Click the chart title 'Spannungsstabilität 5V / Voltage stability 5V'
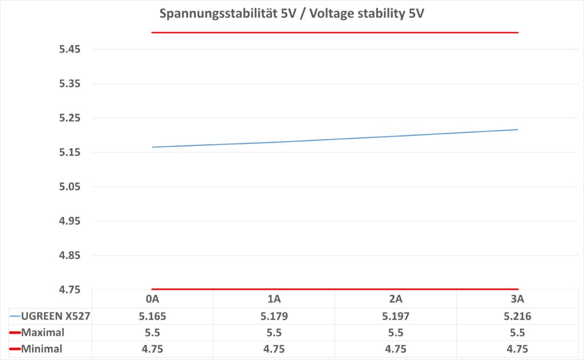[291, 13]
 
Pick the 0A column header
[152, 299]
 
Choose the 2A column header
[396, 299]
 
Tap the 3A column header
[517, 299]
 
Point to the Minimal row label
[41, 349]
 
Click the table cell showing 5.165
[152, 316]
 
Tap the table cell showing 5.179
[274, 316]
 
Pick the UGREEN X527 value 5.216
[517, 316]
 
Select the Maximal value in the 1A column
[274, 333]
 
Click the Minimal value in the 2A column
[396, 349]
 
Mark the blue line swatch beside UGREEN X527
[15, 316]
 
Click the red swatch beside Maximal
[15, 333]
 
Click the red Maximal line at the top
[335, 33]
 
